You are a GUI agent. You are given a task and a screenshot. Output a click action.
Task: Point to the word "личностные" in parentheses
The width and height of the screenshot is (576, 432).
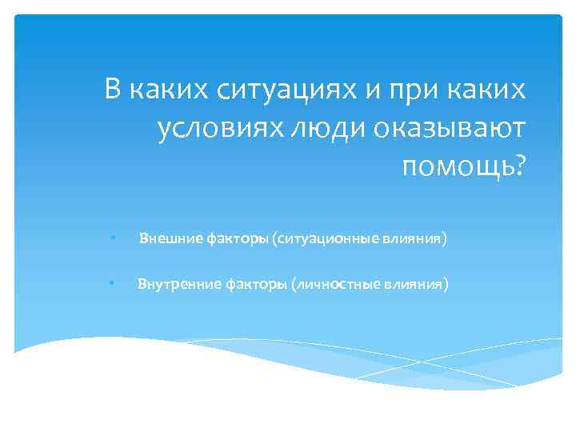[330, 283]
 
